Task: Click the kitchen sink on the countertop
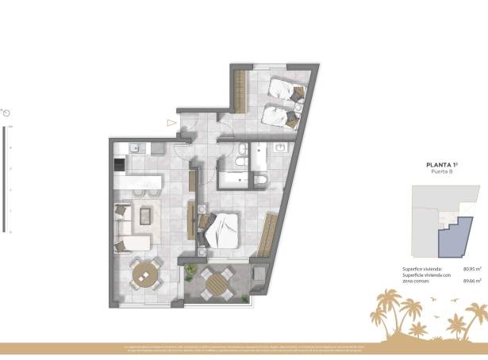[136, 147]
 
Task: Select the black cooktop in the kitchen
[119, 166]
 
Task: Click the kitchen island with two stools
[140, 182]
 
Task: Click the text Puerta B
[443, 174]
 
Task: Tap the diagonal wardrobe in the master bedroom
[267, 235]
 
